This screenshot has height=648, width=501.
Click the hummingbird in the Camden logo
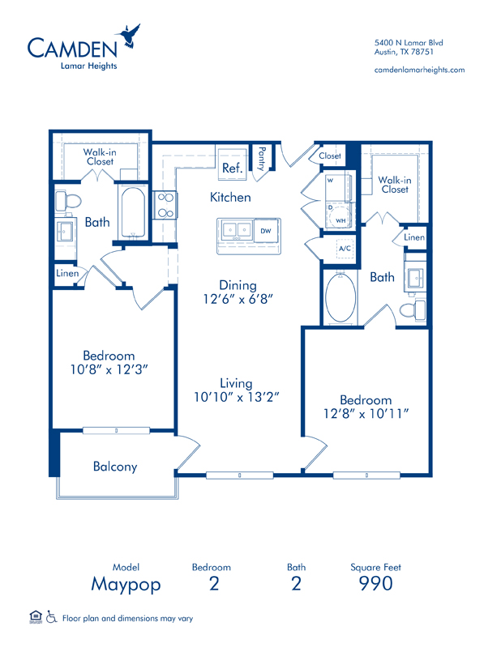[129, 36]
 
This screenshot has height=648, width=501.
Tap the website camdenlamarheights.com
[419, 70]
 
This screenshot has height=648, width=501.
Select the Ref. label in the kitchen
[232, 168]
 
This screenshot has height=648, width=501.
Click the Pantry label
[262, 159]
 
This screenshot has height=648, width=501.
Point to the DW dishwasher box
[266, 231]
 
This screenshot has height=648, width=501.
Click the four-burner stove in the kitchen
[165, 205]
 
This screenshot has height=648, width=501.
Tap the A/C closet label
[345, 249]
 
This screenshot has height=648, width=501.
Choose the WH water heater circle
[340, 215]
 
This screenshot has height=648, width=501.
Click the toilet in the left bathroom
[68, 200]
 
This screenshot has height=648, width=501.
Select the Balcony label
[115, 467]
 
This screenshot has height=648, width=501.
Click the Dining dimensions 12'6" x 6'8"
[238, 299]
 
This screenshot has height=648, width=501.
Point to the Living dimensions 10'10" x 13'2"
[237, 397]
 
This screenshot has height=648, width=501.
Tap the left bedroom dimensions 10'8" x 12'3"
[109, 369]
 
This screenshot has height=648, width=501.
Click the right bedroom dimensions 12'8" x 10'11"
[366, 413]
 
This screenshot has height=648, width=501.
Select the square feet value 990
[375, 583]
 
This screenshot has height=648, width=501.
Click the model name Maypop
[126, 585]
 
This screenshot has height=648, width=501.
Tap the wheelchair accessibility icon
[51, 617]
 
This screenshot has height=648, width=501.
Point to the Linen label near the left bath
[67, 273]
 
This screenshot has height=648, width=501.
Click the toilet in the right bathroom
[412, 309]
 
